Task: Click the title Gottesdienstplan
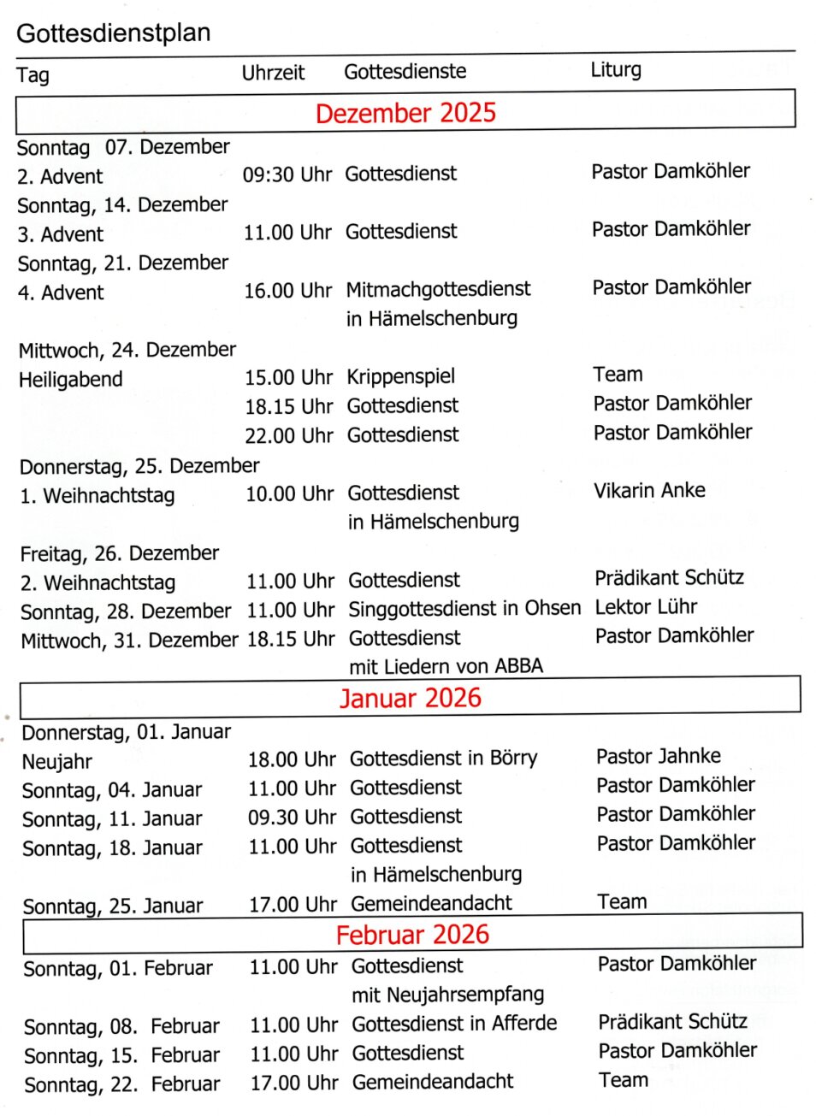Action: click(113, 33)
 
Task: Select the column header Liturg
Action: click(615, 69)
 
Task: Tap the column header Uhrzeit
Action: click(273, 73)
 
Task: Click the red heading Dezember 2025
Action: click(405, 113)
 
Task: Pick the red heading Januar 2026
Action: click(411, 698)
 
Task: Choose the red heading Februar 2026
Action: click(412, 934)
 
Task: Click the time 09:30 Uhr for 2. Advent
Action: click(287, 174)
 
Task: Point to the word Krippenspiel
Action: click(400, 376)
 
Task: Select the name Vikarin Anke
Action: click(649, 490)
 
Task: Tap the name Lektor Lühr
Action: click(646, 606)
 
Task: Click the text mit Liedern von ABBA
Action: click(446, 665)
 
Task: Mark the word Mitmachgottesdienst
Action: click(438, 289)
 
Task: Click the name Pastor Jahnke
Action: click(658, 756)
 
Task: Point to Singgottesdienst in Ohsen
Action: click(464, 608)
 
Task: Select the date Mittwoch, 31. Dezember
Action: click(129, 640)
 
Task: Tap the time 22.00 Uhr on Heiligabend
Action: click(288, 435)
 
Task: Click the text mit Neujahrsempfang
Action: click(447, 995)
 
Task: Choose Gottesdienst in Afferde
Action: click(454, 1024)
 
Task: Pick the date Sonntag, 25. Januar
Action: click(113, 906)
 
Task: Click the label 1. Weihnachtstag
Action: click(98, 495)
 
